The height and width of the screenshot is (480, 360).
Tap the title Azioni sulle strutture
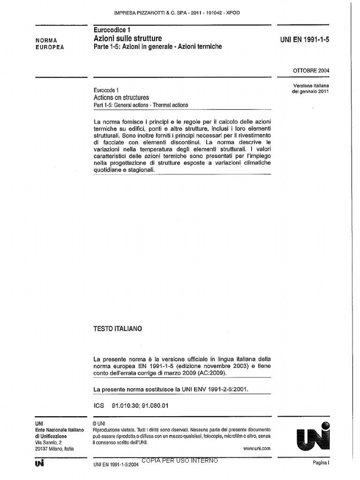tap(127, 38)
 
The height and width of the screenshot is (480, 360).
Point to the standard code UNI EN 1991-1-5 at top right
tap(305, 40)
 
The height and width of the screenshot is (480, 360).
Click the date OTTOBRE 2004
tap(311, 71)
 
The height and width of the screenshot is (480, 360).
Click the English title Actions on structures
tap(121, 97)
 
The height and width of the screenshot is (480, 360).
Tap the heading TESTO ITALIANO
tap(118, 329)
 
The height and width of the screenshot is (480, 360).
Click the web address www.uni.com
tap(257, 449)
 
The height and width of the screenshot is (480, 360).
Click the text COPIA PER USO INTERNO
tap(178, 461)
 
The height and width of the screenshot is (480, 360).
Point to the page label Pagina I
tap(322, 463)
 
